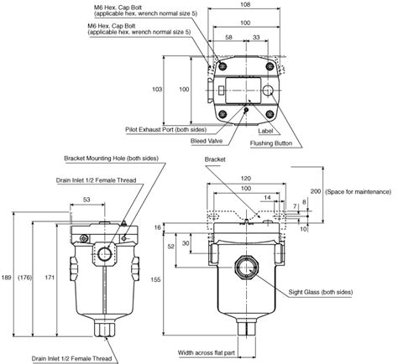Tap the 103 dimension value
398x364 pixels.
pos(155,89)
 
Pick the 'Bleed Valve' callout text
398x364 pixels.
pos(205,143)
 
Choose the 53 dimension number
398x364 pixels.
pos(87,200)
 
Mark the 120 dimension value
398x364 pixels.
pos(244,179)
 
